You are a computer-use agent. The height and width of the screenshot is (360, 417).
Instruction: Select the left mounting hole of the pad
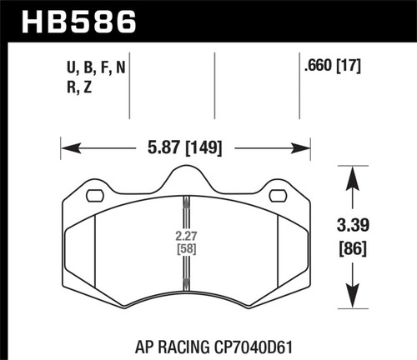tap(93, 197)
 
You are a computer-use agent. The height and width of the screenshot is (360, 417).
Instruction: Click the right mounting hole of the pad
tap(278, 197)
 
